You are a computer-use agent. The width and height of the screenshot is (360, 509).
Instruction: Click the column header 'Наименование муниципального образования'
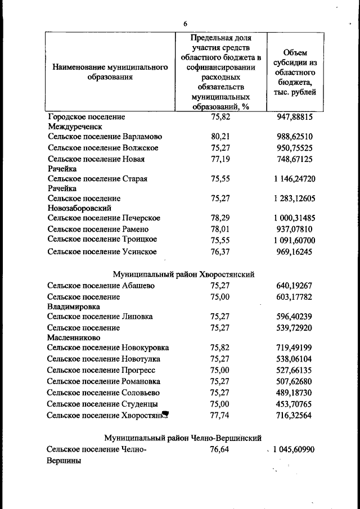(110, 72)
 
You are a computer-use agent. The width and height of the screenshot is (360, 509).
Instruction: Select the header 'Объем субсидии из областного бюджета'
(295, 72)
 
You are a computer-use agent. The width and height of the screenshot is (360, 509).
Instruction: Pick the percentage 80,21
(220, 137)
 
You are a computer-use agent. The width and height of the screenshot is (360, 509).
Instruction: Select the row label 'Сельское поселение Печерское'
(104, 218)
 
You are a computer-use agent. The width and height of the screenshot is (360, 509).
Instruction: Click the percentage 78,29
(220, 218)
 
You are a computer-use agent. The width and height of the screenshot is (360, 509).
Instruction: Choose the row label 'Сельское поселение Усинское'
(102, 252)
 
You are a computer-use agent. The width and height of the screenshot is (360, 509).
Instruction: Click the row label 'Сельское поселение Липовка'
(100, 316)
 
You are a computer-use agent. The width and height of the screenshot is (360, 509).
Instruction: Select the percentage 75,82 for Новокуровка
(220, 348)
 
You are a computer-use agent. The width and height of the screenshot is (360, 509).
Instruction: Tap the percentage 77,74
(220, 416)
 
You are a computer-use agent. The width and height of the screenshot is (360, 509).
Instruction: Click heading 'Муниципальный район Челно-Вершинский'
(183, 438)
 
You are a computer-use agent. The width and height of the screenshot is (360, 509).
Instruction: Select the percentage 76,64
(220, 450)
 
